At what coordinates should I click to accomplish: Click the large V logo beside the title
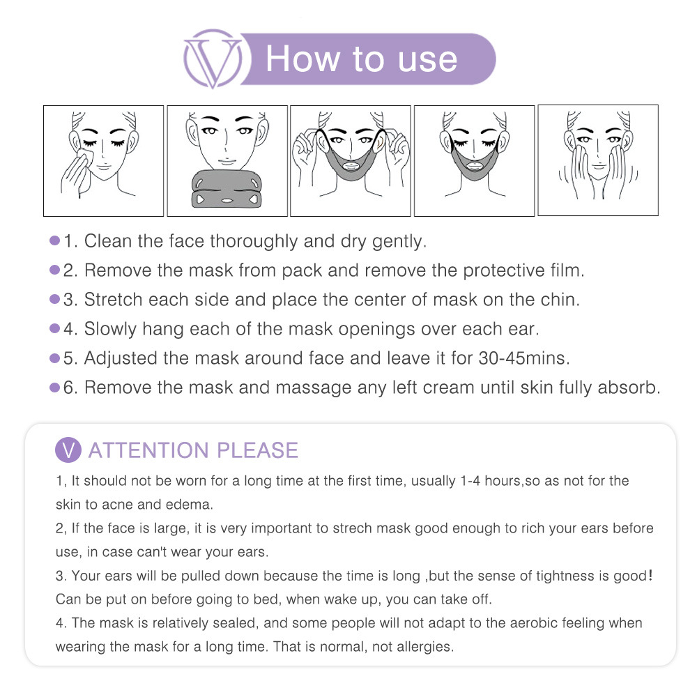(x=213, y=59)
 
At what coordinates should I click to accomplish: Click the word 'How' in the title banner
(x=303, y=59)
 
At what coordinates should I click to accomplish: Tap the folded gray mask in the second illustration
(x=227, y=189)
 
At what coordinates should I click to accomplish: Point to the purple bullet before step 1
(x=54, y=240)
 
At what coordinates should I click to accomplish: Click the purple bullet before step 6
(x=54, y=388)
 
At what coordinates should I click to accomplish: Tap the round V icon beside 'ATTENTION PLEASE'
(x=68, y=450)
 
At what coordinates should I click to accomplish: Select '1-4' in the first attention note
(x=470, y=481)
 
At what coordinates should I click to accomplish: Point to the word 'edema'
(x=189, y=505)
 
